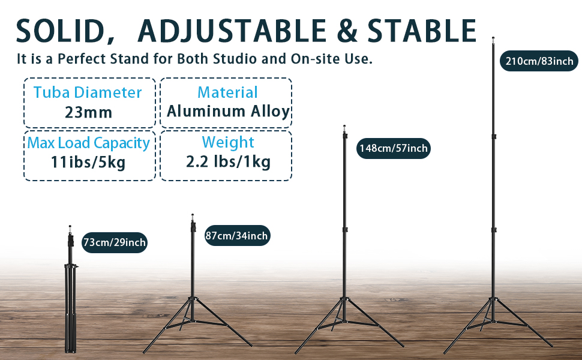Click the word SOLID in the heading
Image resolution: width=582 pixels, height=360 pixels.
(61, 31)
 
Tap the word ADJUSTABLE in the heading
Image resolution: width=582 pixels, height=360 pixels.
(232, 31)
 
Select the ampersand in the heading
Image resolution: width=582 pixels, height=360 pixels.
(347, 31)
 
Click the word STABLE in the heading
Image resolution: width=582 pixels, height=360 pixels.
(422, 31)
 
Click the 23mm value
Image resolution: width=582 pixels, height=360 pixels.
(88, 112)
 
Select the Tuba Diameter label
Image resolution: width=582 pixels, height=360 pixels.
(88, 92)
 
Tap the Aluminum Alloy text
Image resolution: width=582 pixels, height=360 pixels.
(228, 112)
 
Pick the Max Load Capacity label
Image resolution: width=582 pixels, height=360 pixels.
(88, 143)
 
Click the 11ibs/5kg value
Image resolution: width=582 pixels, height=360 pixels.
(88, 162)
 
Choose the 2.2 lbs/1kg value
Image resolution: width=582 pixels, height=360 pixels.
(228, 162)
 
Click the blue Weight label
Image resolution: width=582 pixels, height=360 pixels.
(228, 142)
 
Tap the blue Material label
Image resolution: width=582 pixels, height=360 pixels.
(227, 92)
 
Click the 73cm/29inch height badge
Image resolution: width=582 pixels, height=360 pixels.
(115, 242)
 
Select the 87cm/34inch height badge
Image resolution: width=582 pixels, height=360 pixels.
(237, 235)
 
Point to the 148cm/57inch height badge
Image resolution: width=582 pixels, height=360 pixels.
(394, 148)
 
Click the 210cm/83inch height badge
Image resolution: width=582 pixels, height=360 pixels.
(539, 61)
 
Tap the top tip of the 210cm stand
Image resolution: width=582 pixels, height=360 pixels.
(493, 38)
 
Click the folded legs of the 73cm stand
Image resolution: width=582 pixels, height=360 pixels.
(71, 308)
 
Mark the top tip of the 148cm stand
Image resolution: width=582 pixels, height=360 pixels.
(344, 126)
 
